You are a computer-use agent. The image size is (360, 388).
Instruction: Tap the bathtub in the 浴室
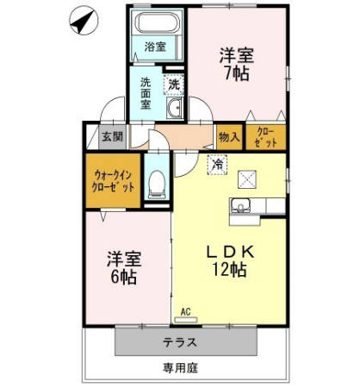pos(156,24)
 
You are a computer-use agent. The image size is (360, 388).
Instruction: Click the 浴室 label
pos(154,47)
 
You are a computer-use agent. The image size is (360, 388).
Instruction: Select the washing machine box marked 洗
pos(174,84)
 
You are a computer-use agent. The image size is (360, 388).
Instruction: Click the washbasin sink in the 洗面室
pos(176,108)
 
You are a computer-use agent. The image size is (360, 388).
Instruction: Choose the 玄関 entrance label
pos(112,136)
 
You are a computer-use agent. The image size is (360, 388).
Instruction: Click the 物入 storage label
pos(228,136)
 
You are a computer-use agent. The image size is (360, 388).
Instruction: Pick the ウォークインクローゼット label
pos(114,179)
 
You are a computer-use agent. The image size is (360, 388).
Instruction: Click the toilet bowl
pos(158,184)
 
